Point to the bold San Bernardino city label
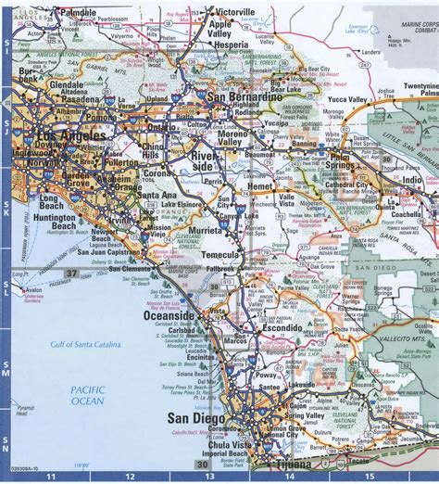(244, 97)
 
